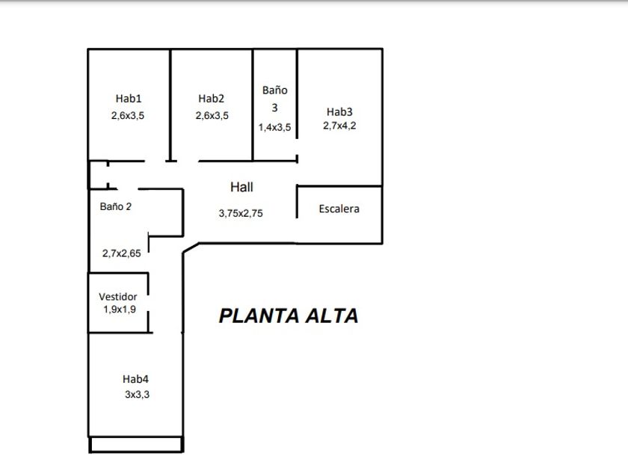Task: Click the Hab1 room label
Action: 129,98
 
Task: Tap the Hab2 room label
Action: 212,98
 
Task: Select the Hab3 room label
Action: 339,111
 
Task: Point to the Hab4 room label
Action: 136,379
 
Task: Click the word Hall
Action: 241,187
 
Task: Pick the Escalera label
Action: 339,209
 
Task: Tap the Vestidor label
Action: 118,297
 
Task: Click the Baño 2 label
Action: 116,206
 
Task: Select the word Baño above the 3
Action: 274,90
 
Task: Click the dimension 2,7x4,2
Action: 339,126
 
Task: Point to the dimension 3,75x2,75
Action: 241,213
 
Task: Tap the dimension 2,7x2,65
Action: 121,253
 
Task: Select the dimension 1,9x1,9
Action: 118,309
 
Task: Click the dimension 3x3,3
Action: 137,395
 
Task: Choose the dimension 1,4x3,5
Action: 274,127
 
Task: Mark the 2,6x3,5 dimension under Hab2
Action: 212,115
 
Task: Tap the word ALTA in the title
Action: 329,316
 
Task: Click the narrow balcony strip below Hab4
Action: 136,445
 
